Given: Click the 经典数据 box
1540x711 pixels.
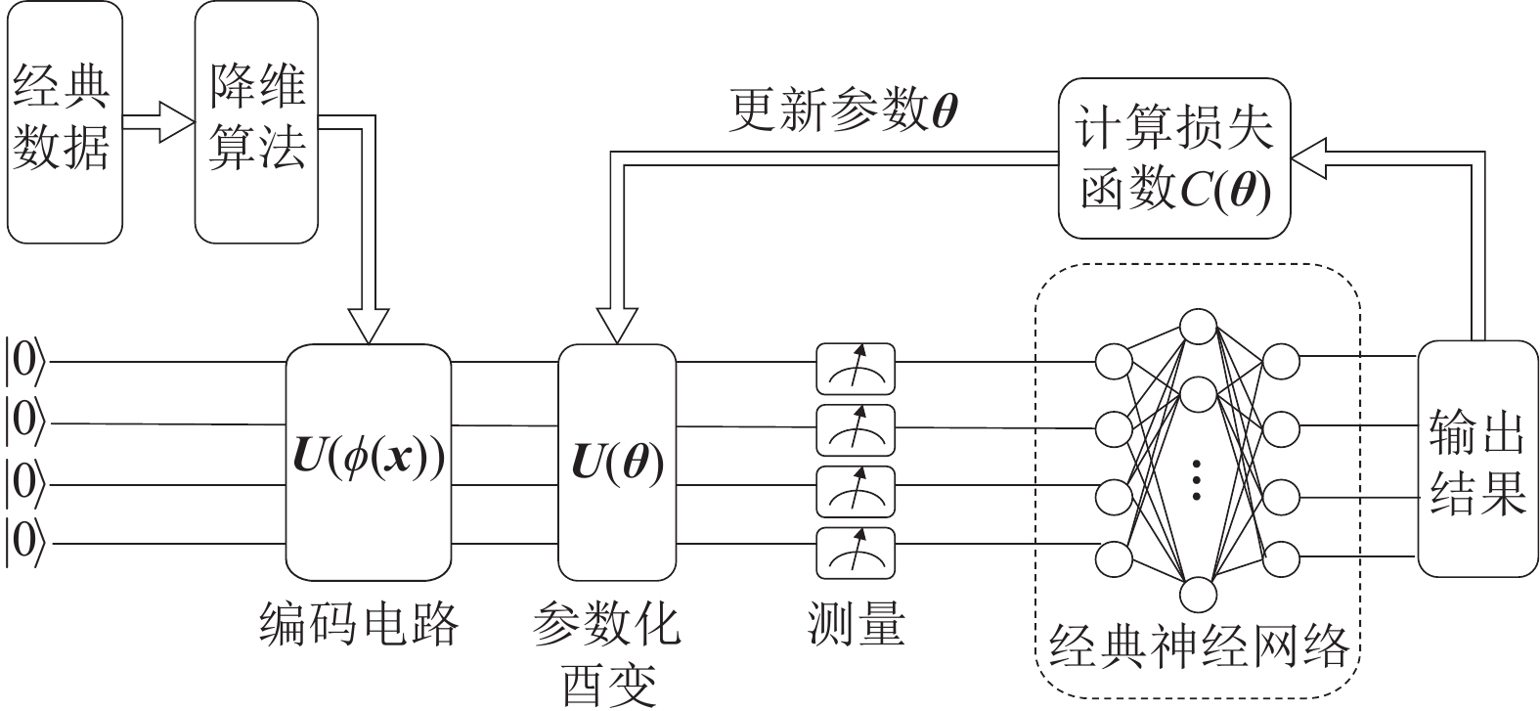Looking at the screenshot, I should [65, 122].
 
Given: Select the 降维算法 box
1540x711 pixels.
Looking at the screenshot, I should [257, 122].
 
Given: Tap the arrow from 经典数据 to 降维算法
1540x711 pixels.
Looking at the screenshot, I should [158, 124].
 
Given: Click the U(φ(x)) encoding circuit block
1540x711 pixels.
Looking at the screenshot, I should [369, 462].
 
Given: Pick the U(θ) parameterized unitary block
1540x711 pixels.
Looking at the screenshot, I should [617, 462].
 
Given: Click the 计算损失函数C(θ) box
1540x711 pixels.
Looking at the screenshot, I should [1174, 158].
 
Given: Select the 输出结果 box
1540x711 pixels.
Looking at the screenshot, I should [1476, 460].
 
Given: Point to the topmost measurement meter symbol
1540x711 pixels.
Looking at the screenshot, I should [856, 363].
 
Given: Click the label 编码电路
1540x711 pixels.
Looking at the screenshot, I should [360, 623].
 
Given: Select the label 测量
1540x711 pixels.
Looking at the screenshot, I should [857, 623].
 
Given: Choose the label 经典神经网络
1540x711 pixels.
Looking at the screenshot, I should [1198, 645].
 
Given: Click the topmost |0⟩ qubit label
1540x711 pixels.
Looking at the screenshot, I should [24, 361].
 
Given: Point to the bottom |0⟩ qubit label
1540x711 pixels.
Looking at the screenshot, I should [24, 542].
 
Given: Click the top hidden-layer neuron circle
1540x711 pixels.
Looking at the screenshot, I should [1198, 326].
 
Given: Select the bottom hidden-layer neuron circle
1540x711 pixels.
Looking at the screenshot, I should [1198, 594].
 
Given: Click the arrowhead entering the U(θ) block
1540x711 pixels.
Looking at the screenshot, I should [617, 326].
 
